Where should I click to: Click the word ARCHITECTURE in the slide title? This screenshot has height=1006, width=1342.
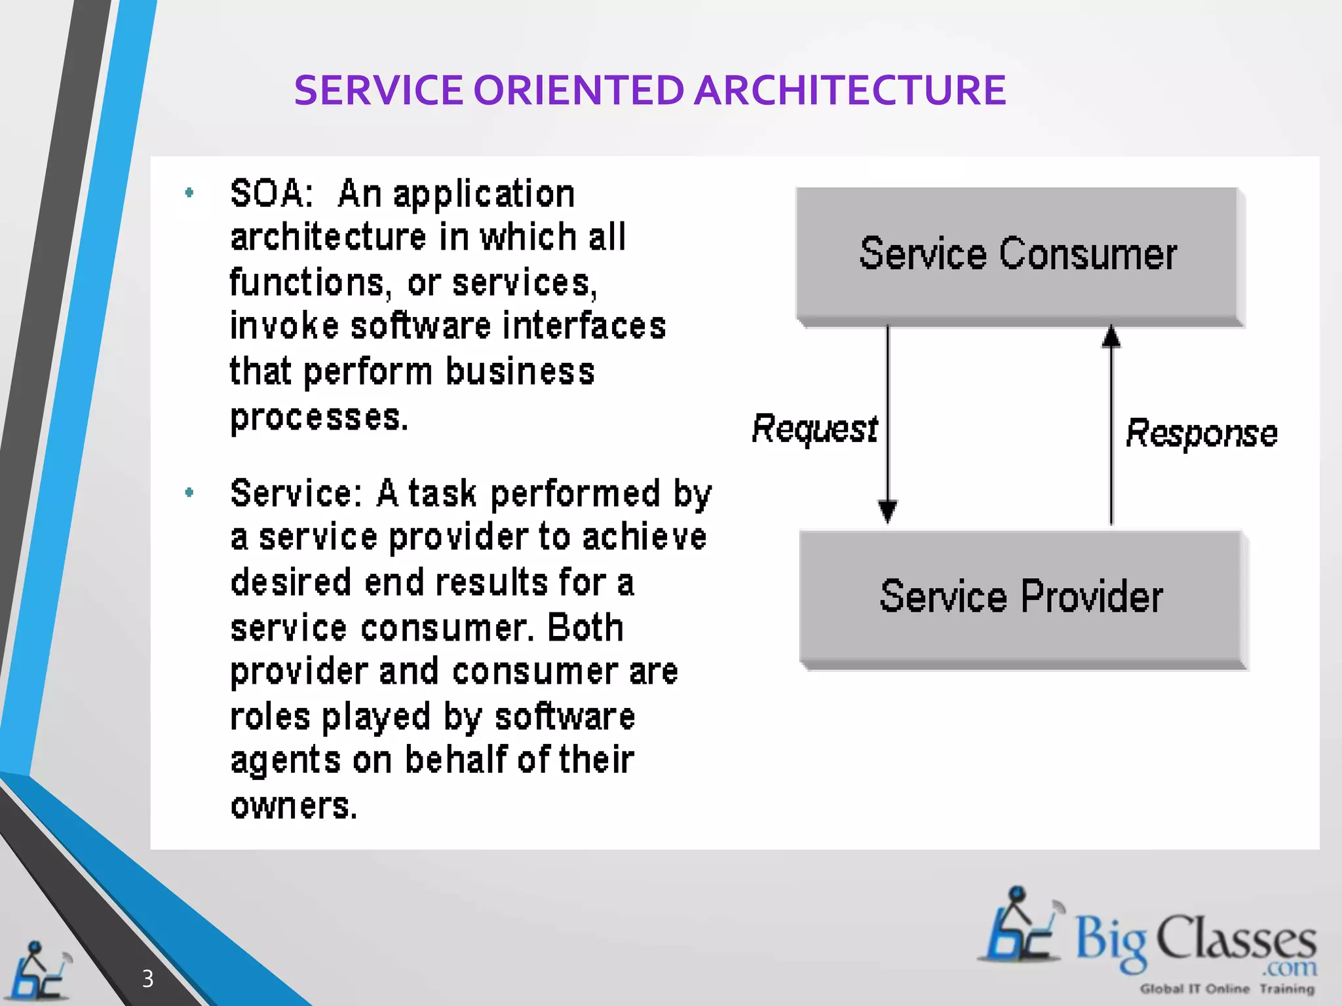[x=849, y=90]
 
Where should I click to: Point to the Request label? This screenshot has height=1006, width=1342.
[x=814, y=429]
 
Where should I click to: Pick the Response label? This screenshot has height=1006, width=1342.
[x=1201, y=434]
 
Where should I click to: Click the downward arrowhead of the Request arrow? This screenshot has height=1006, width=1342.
[x=887, y=510]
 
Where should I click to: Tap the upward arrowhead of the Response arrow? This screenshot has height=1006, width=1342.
[x=1111, y=337]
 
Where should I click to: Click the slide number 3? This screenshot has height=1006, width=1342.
[x=147, y=978]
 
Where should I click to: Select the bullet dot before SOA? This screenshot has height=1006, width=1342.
[x=189, y=193]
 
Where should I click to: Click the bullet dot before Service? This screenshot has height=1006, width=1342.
[x=189, y=493]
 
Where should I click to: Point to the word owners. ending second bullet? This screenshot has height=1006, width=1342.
[x=294, y=806]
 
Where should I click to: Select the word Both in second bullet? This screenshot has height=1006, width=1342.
[x=585, y=627]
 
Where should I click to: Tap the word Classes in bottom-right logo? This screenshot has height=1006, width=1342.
[x=1235, y=939]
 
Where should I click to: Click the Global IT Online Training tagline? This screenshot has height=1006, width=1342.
[x=1227, y=989]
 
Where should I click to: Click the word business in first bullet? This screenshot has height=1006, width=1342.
[x=520, y=371]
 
